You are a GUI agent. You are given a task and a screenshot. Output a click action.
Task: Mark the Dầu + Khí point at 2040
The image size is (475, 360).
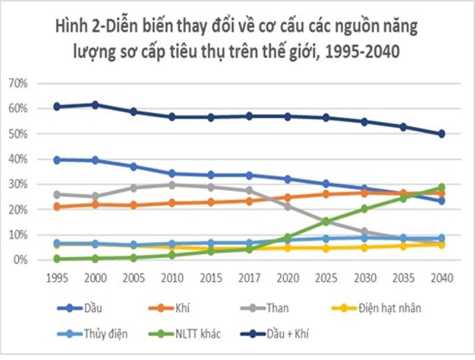point(441,134)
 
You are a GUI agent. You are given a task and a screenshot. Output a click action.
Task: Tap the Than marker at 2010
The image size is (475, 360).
point(172,185)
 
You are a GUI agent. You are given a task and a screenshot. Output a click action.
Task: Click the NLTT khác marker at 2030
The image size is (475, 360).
point(364,209)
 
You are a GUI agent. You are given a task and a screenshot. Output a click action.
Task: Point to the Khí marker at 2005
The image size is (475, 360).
point(133,205)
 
